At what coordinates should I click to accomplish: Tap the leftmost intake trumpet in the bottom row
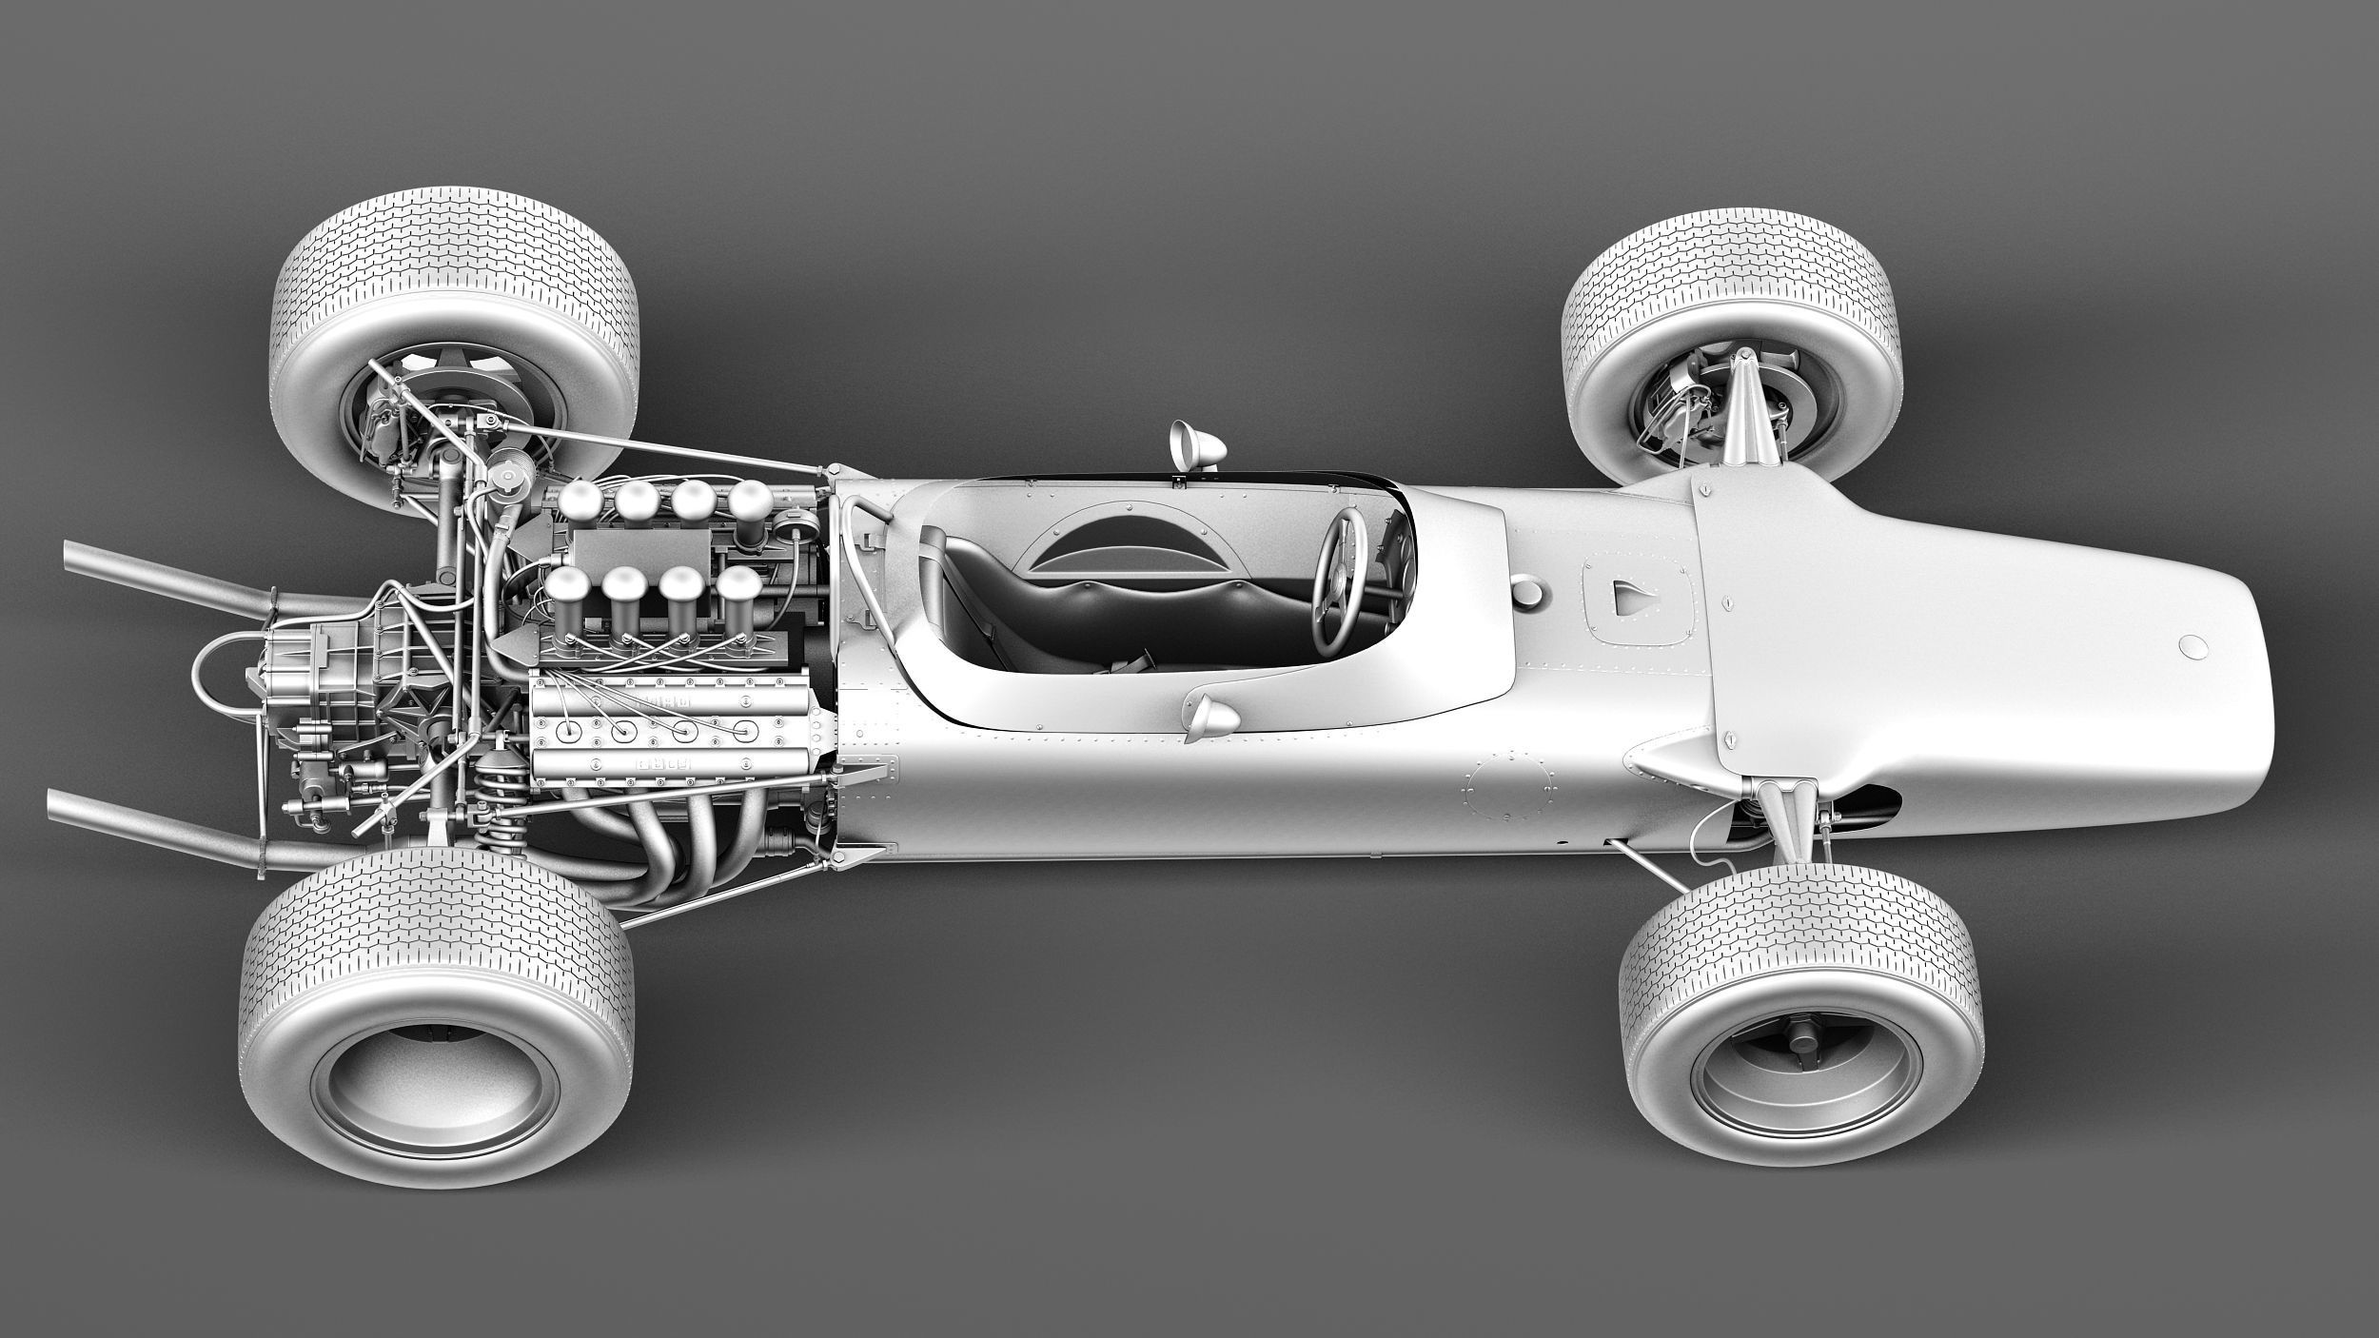(568, 589)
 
